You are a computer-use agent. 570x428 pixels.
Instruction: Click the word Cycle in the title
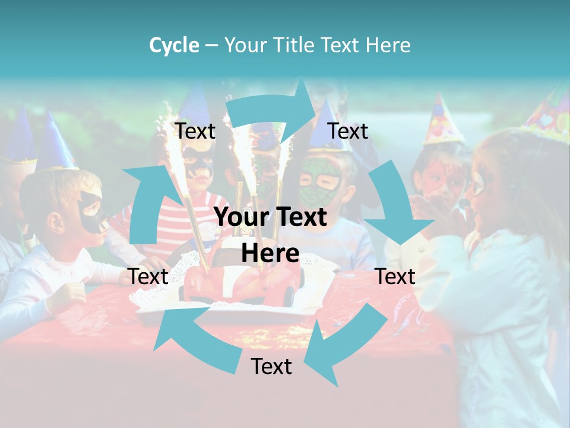[174, 45]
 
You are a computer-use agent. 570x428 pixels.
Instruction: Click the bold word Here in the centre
[270, 253]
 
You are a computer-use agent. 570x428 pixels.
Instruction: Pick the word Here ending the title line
[388, 45]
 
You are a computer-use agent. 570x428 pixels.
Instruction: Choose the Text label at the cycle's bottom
[271, 367]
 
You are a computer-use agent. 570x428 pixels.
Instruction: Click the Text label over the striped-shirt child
[195, 131]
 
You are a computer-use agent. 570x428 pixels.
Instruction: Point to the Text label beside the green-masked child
[348, 131]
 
